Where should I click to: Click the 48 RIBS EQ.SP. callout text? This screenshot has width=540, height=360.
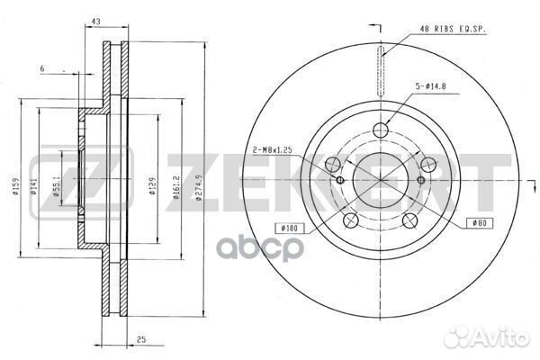[x=452, y=30]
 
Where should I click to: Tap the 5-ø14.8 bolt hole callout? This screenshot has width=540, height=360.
[x=430, y=86]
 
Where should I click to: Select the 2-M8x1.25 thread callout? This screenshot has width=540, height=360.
[x=273, y=150]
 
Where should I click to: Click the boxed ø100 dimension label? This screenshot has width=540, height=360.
[x=290, y=228]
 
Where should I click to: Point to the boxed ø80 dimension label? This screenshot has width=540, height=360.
[x=480, y=223]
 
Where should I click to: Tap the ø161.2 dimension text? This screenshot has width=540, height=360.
[x=176, y=188]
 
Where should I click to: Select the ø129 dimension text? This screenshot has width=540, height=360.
[x=153, y=186]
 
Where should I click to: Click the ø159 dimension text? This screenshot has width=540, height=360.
[x=14, y=186]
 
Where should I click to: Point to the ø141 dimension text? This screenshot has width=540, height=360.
[x=33, y=186]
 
